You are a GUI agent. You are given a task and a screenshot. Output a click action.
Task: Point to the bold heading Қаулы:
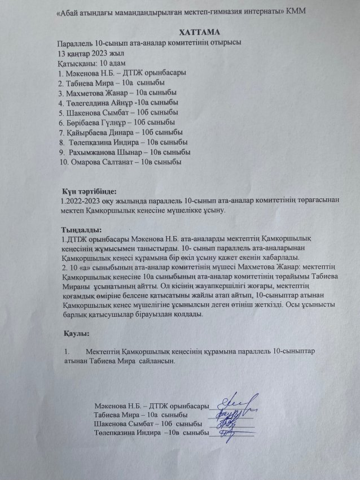pyautogui.click(x=77, y=334)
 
